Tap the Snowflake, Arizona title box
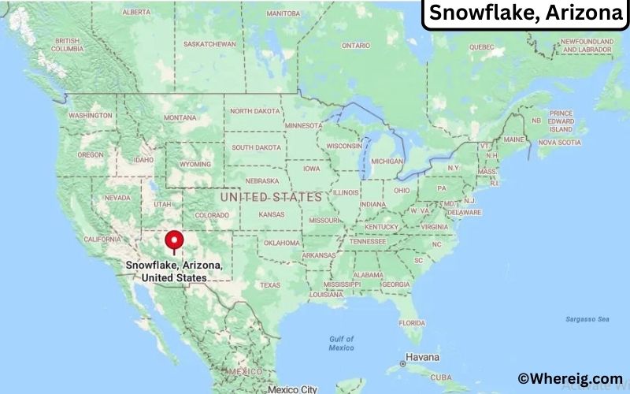tap(525, 14)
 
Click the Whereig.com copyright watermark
tap(569, 379)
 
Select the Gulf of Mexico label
tap(341, 343)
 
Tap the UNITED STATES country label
tap(271, 196)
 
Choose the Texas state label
tap(270, 284)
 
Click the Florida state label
tap(411, 322)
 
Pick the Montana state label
tap(180, 117)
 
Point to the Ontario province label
tap(356, 46)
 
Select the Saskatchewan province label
tap(209, 44)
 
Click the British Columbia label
tap(68, 45)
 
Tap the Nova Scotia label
tap(559, 143)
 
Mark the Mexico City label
tap(291, 388)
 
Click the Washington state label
tap(90, 115)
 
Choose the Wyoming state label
tap(195, 164)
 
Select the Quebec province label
tap(482, 46)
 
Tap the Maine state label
tap(514, 139)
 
